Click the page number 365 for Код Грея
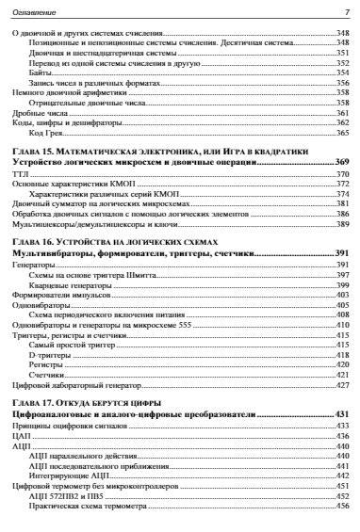point(342,134)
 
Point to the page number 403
point(342,296)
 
